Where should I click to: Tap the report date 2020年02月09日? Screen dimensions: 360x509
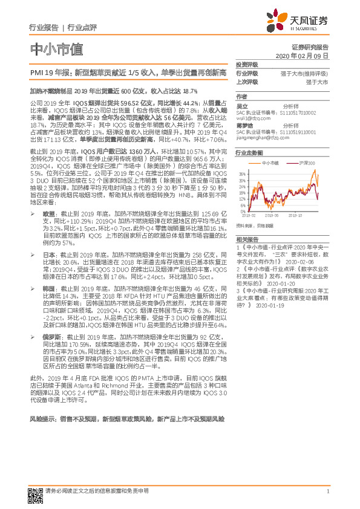pos(310,56)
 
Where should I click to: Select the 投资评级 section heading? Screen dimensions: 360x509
pos(246,64)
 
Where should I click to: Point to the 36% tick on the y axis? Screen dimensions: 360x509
pos(242,173)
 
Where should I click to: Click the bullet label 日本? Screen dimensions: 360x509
pos(48,256)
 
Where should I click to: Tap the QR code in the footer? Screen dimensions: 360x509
pos(34,491)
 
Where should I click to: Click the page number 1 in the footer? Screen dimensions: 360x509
pos(327,491)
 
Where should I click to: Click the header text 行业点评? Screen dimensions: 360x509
pos(82,28)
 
